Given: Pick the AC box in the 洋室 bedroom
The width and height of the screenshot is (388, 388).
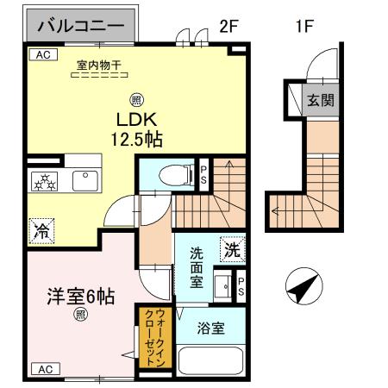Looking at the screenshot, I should pos(44,369).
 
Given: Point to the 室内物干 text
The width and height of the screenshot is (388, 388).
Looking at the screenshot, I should pos(99,64).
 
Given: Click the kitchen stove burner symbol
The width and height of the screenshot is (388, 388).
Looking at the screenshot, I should pos(43,181).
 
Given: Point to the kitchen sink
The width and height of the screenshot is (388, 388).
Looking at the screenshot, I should pos(87,181).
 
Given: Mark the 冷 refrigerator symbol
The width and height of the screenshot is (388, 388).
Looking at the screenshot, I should pos(41,230).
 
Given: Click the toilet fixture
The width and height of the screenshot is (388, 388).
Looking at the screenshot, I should pos(175,176).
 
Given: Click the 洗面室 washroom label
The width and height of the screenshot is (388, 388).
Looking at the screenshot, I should pos(197,267).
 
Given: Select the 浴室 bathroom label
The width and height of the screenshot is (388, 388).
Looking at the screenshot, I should pos(212,329).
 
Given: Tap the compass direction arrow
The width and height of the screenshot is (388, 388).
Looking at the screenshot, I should pos(301,286).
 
